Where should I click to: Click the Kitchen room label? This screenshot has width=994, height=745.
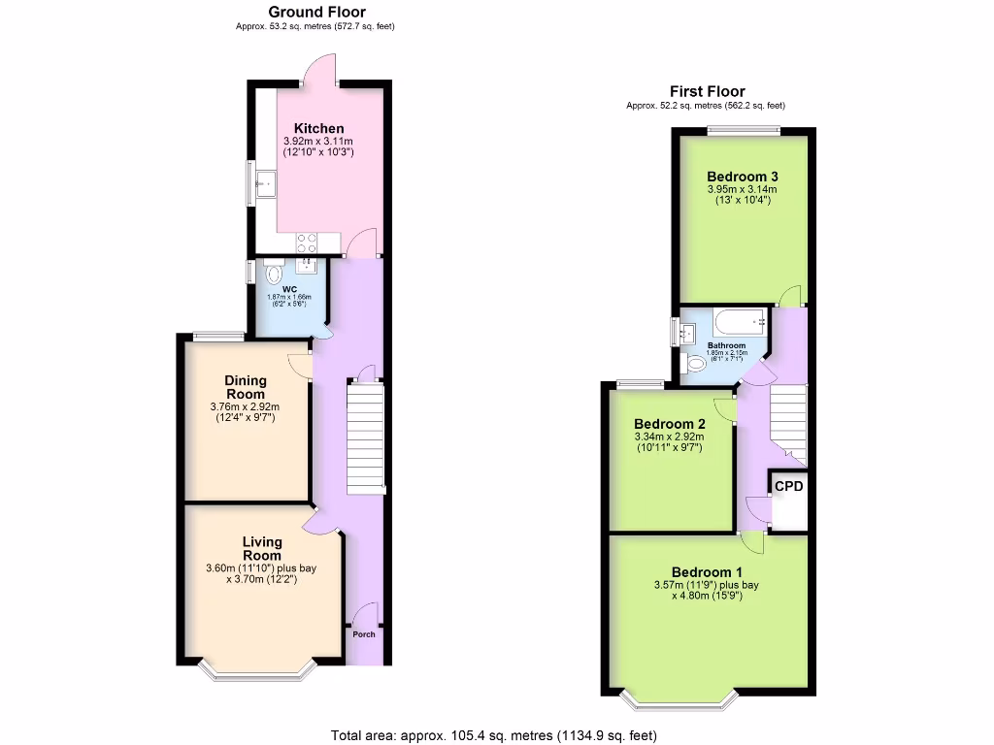pyautogui.click(x=318, y=128)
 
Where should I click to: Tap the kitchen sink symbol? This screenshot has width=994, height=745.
pyautogui.click(x=263, y=181)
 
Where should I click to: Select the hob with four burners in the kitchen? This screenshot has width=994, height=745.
pyautogui.click(x=308, y=240)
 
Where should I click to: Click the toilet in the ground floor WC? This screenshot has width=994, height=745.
pyautogui.click(x=271, y=273)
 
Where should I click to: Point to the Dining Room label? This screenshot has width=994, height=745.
pyautogui.click(x=245, y=387)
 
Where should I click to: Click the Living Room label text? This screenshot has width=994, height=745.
pyautogui.click(x=262, y=548)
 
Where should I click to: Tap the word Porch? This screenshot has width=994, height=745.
pyautogui.click(x=363, y=634)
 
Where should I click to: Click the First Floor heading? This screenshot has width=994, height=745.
pyautogui.click(x=706, y=91)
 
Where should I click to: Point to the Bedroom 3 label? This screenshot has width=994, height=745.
pyautogui.click(x=743, y=176)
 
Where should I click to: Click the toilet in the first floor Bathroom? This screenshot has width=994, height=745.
pyautogui.click(x=695, y=364)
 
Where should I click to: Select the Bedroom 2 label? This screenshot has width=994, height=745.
pyautogui.click(x=669, y=424)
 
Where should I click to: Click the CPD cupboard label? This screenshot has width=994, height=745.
pyautogui.click(x=788, y=486)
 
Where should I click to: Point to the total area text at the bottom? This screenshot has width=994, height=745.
pyautogui.click(x=500, y=734)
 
